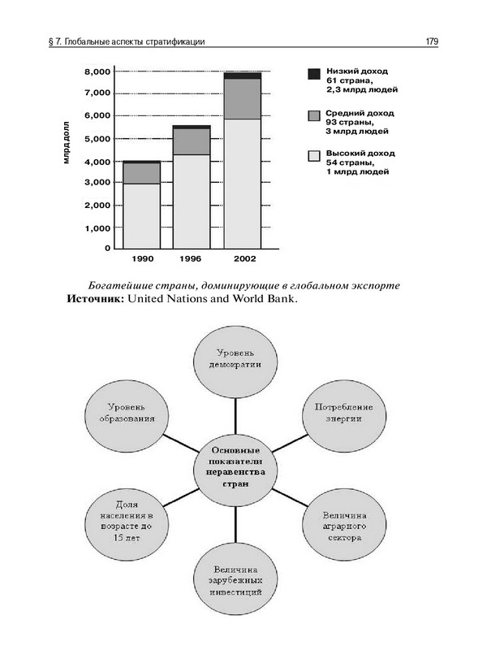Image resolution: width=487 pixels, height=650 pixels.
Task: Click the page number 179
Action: click(432, 42)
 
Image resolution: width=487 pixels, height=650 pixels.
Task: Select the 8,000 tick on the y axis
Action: click(97, 71)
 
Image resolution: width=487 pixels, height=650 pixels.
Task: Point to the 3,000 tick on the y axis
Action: click(97, 183)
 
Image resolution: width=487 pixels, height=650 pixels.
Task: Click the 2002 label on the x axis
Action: click(243, 258)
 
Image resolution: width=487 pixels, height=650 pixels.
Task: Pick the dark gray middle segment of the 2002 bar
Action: click(243, 98)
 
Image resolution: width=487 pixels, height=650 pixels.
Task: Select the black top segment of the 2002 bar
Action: click(243, 76)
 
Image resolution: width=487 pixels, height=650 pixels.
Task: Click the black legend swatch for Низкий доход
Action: click(313, 74)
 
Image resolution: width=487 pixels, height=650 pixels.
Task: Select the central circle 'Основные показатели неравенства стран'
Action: click(235, 466)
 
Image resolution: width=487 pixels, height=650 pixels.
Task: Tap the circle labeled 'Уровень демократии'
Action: click(236, 360)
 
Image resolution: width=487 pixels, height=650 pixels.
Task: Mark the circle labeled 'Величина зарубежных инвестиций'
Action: click(235, 580)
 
